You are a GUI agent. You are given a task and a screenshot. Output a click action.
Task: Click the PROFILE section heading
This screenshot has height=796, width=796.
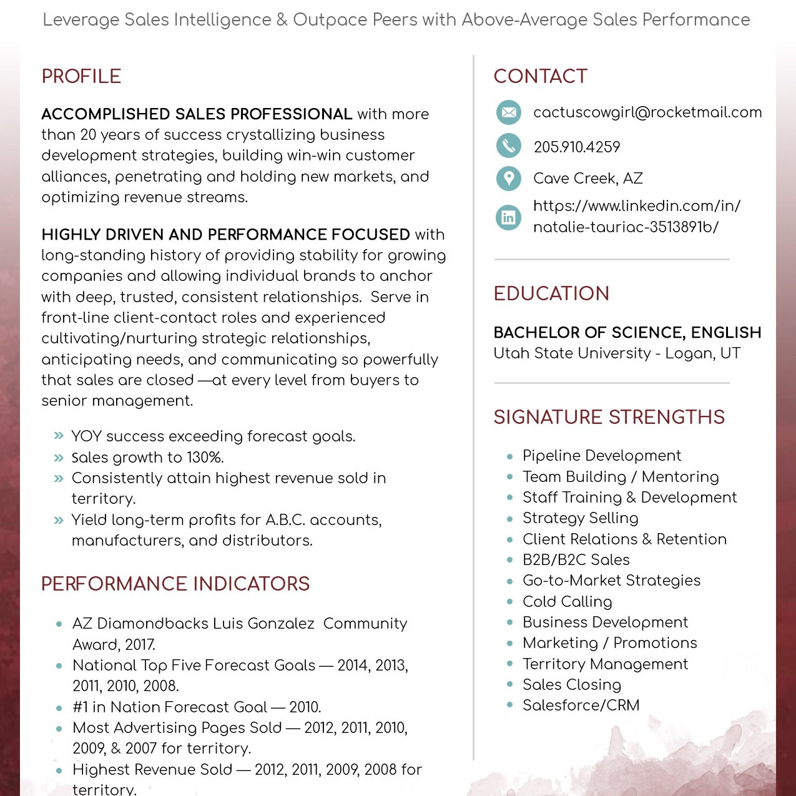click(81, 76)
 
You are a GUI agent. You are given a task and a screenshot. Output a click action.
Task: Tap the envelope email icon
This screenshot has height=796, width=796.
click(509, 112)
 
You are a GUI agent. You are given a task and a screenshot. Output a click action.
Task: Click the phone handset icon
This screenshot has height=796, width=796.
click(509, 145)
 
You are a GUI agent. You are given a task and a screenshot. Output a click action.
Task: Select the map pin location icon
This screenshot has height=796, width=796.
click(509, 179)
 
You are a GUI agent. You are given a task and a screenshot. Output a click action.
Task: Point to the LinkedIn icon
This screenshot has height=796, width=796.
click(509, 217)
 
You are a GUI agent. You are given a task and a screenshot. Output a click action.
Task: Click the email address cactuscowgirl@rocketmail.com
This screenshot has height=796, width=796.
click(647, 112)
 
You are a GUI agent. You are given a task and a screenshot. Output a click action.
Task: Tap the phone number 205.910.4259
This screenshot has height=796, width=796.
click(577, 147)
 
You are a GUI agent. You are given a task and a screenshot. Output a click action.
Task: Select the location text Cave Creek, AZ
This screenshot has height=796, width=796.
click(588, 179)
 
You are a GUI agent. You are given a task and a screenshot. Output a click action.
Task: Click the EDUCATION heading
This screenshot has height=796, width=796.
click(551, 293)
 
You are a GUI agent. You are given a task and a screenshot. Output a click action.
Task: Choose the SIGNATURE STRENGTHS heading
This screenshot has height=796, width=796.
click(609, 417)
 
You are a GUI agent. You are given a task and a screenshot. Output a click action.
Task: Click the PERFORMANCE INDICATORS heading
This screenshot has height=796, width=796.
click(175, 584)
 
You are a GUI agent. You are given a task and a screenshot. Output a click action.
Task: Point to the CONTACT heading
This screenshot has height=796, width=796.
click(541, 76)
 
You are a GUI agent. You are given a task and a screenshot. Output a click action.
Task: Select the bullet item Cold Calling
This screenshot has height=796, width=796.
click(567, 601)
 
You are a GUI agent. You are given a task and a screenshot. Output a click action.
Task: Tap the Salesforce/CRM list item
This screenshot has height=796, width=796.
click(581, 705)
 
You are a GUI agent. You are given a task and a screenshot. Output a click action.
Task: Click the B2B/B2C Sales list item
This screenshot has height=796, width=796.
click(576, 560)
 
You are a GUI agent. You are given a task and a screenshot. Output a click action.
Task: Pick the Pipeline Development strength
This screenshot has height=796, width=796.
click(601, 456)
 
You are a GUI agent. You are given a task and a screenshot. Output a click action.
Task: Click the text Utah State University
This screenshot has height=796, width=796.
click(572, 353)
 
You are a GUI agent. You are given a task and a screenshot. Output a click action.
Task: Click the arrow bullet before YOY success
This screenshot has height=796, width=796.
click(59, 436)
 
